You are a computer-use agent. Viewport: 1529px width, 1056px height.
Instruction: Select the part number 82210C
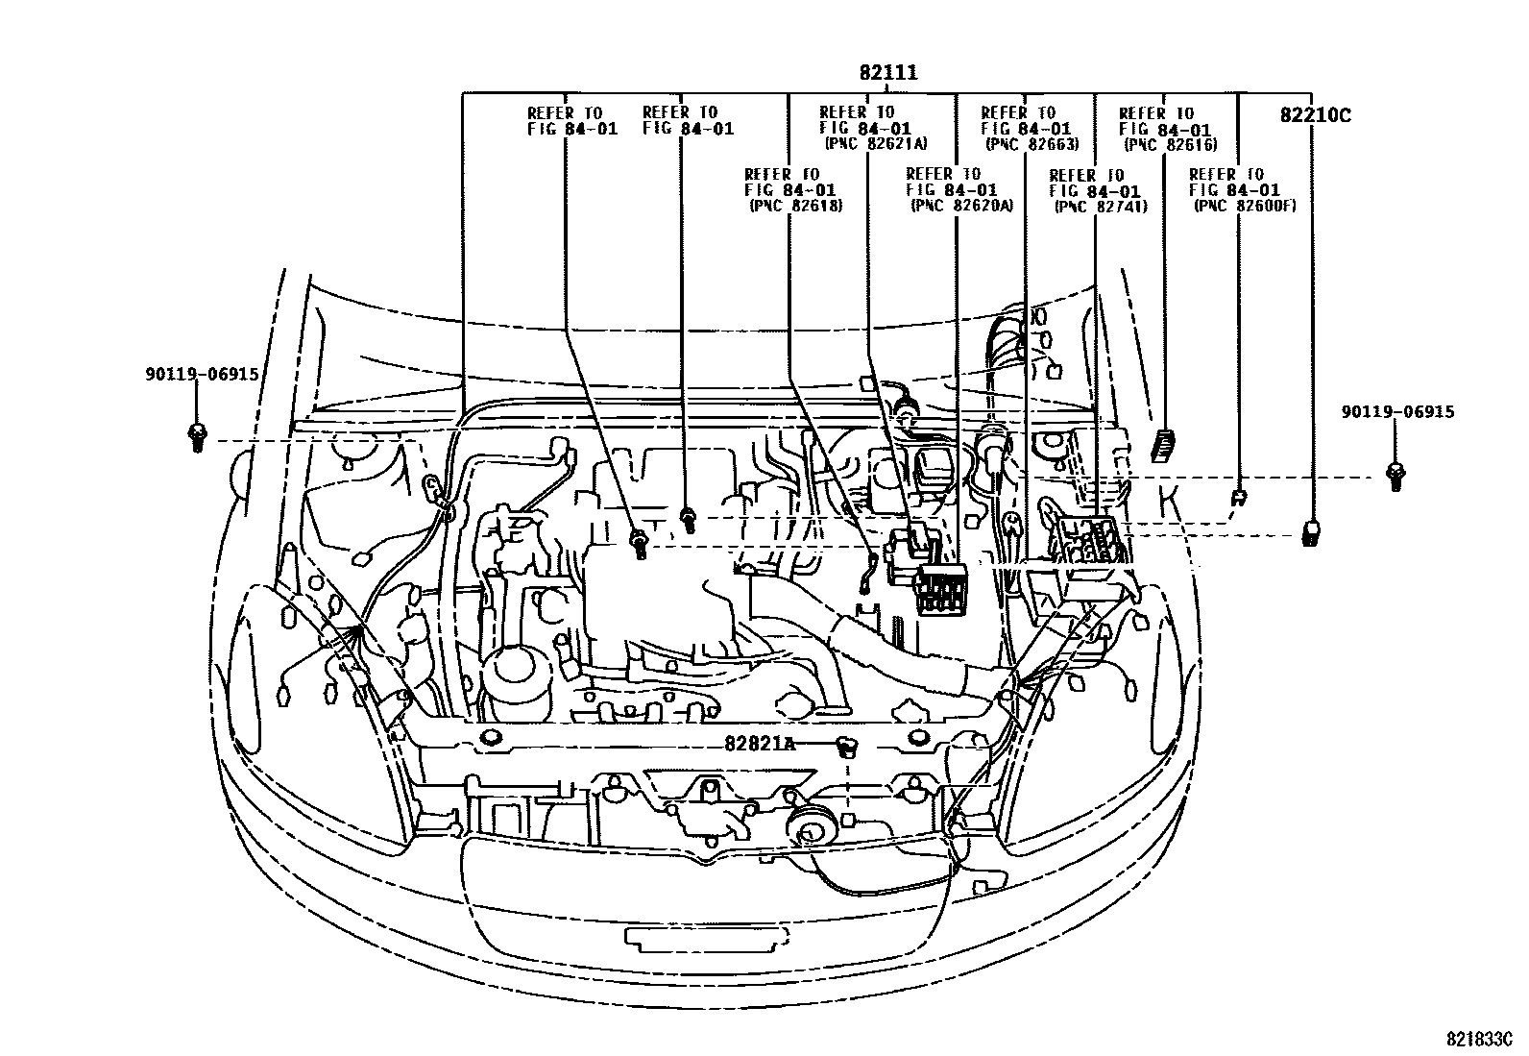click(1315, 115)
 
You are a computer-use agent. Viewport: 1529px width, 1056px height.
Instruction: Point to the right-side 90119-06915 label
click(1397, 412)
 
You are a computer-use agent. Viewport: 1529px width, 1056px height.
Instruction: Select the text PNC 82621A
click(875, 144)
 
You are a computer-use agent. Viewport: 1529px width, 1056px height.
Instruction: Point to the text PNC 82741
click(1101, 206)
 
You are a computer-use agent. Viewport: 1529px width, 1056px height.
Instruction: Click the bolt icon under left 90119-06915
click(197, 437)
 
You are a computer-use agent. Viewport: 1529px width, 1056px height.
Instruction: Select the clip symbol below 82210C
click(1310, 532)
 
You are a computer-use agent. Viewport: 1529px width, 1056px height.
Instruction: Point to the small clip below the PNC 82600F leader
click(1239, 497)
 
